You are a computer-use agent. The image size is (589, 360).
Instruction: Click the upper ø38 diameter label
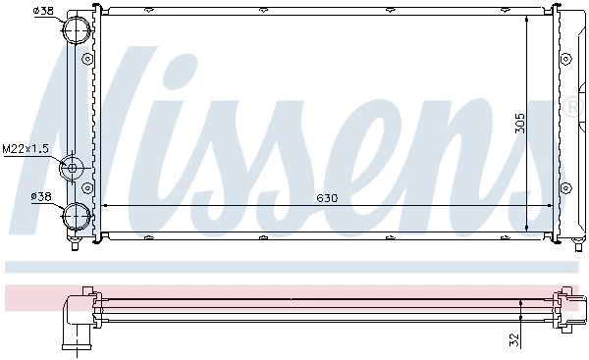[43, 11]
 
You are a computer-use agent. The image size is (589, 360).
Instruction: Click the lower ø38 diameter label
[41, 196]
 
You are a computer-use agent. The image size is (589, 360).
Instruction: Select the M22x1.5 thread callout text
[26, 149]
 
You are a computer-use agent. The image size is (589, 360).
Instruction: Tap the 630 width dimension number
[327, 198]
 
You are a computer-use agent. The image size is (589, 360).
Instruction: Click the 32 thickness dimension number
[514, 339]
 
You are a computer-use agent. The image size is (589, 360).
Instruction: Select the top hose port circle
[77, 29]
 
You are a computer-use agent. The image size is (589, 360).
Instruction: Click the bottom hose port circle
[77, 216]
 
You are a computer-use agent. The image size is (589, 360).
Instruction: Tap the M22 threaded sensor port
[72, 168]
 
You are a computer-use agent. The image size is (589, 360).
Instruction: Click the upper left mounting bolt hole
[87, 59]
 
